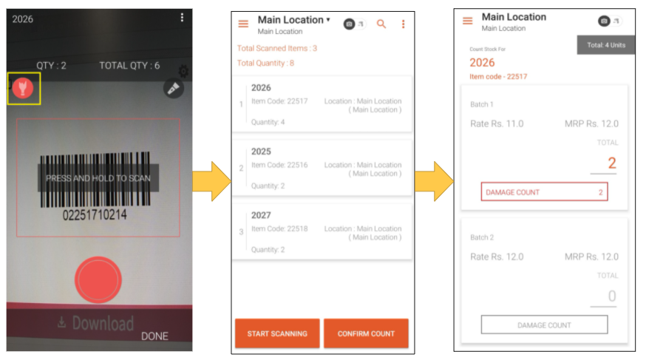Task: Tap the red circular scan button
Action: [98, 279]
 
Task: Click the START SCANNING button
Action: [277, 333]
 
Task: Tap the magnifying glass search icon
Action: [381, 24]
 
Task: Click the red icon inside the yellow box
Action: [23, 88]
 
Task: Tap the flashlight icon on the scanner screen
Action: [174, 88]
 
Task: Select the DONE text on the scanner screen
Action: [154, 336]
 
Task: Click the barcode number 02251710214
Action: [95, 214]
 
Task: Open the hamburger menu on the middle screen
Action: [243, 24]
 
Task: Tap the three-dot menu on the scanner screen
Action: [182, 17]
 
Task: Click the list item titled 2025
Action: [322, 168]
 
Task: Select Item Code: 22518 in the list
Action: [279, 228]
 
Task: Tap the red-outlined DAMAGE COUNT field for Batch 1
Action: [544, 192]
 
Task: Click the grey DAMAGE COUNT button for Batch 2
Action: [544, 325]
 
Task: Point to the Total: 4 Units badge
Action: [605, 45]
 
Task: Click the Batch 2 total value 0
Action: [612, 296]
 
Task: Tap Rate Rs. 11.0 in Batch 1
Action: [497, 123]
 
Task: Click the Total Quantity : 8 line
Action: [265, 63]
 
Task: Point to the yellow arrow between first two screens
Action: [212, 181]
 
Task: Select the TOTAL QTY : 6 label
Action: [129, 66]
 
